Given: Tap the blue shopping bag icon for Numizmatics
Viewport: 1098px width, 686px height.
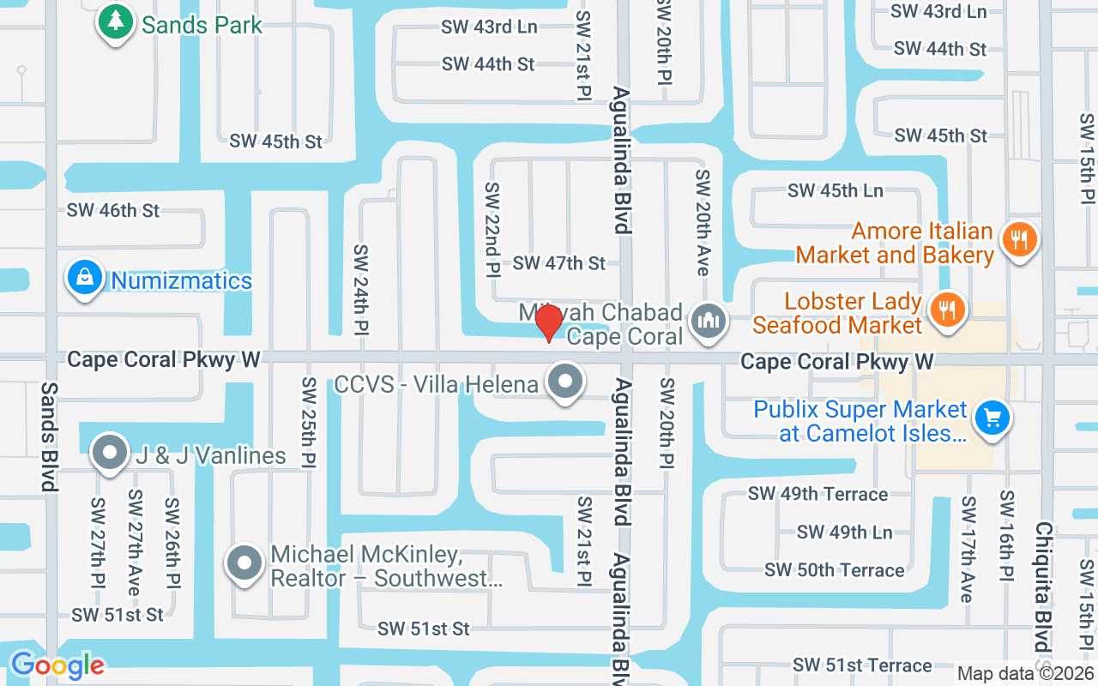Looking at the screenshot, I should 85,278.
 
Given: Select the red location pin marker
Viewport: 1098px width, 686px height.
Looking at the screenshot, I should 549,323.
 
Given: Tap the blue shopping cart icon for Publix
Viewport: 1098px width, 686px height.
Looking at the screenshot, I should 993,419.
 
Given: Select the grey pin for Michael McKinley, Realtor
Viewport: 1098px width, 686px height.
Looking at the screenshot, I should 244,563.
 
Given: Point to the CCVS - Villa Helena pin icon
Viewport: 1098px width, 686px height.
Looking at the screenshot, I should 564,382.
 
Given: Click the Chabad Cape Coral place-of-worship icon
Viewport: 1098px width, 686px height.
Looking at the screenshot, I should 709,322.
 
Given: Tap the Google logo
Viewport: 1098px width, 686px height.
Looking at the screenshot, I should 57,665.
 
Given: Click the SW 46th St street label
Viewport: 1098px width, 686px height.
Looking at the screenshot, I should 113,210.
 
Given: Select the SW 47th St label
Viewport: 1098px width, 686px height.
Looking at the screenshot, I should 559,263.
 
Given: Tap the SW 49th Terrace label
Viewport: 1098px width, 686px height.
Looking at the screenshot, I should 817,494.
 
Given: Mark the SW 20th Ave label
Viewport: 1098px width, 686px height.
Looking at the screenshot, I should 703,223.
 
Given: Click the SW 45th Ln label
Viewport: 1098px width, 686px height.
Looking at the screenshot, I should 836,190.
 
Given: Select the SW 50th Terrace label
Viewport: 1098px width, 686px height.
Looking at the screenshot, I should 834,570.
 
